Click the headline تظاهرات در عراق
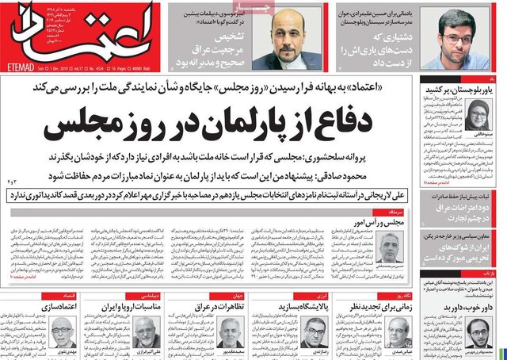(x=230, y=305)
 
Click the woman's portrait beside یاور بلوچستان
(x=480, y=116)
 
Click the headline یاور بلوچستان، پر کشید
(x=471, y=93)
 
